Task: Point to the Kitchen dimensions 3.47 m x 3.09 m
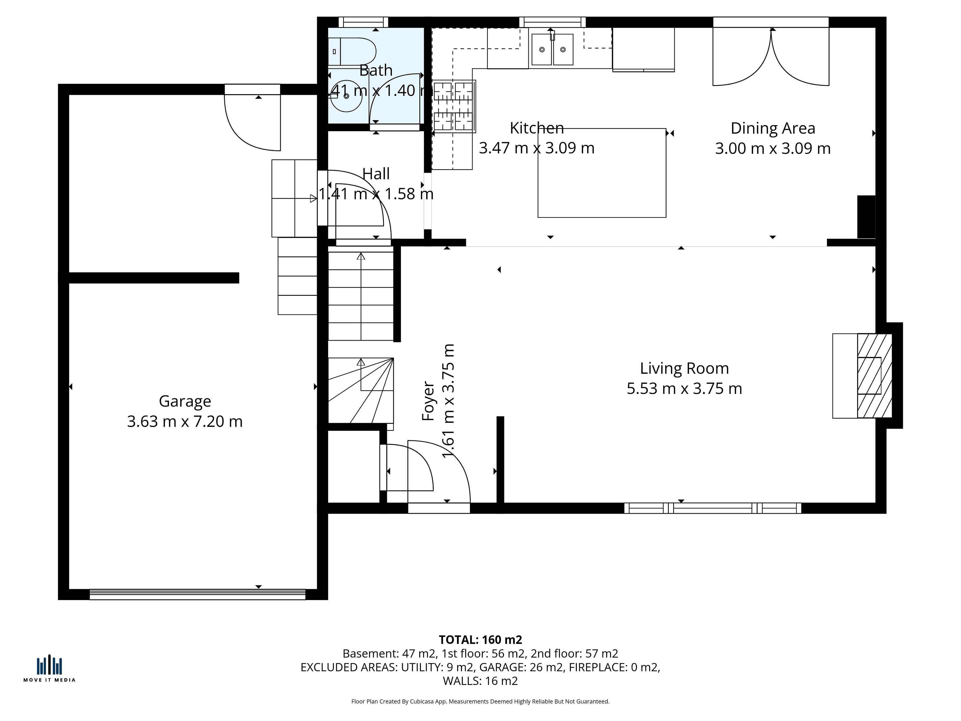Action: (537, 148)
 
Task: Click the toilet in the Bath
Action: (352, 51)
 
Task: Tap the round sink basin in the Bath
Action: (346, 96)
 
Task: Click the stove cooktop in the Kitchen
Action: (453, 106)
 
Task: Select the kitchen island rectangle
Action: (602, 173)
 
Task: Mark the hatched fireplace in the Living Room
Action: (875, 376)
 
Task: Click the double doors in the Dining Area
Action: (771, 57)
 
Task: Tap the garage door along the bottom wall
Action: (198, 595)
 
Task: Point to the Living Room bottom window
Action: (712, 508)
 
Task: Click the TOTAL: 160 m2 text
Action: (480, 640)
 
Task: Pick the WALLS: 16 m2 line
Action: (480, 681)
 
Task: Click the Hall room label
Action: (376, 174)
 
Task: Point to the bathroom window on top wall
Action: (363, 22)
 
